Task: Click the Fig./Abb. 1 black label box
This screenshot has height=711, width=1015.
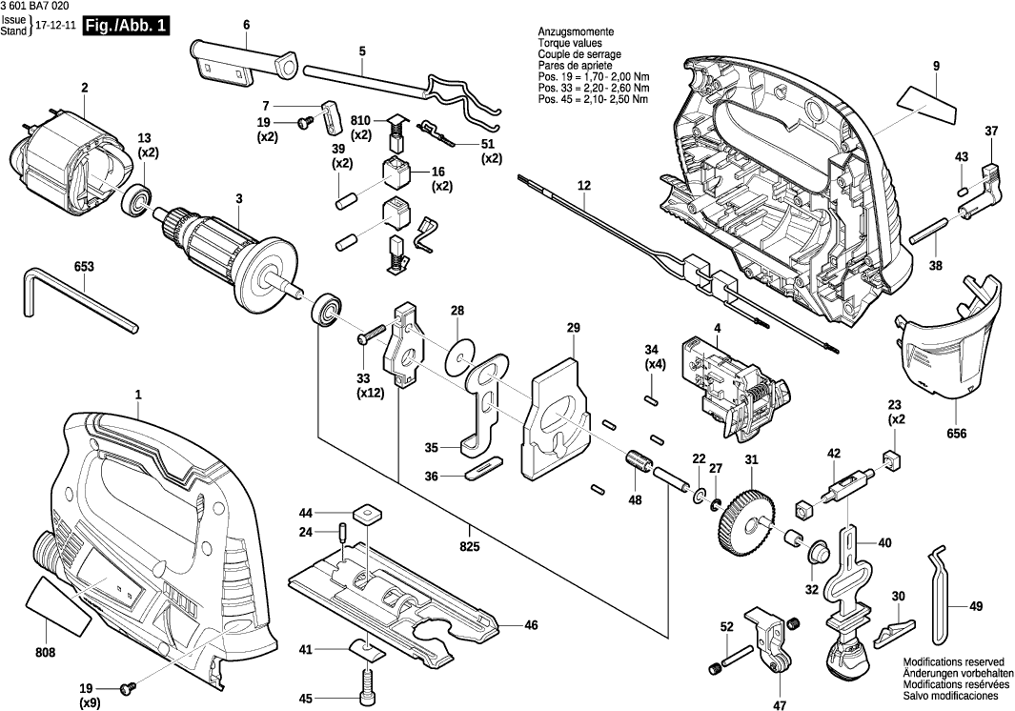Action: (127, 26)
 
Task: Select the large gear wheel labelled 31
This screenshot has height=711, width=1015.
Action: (746, 521)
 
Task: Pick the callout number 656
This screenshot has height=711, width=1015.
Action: (957, 434)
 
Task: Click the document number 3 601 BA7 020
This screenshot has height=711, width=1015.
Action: (35, 7)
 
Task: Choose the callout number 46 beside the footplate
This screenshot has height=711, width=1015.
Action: (531, 625)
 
